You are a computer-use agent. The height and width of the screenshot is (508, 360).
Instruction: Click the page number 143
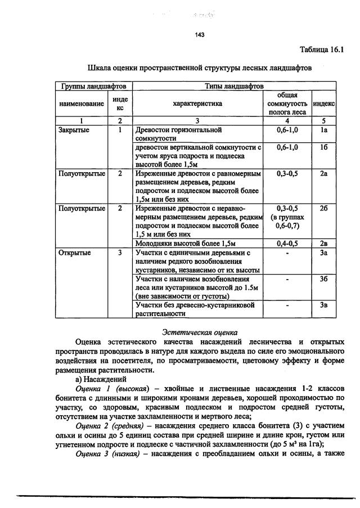pos(199,35)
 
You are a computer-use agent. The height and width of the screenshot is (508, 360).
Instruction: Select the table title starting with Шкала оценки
pos(200,68)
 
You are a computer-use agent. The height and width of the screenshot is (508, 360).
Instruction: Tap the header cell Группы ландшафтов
pos(93,86)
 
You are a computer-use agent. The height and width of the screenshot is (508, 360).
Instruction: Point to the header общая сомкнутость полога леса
pos(287,104)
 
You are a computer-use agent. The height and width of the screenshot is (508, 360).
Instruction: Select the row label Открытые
pos(71,253)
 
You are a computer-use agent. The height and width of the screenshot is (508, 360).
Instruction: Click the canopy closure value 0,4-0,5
pos(287,244)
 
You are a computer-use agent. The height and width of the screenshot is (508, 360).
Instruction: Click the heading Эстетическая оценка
pos(199,332)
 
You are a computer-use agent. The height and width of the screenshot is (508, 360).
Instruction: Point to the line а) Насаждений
pos(100,380)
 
